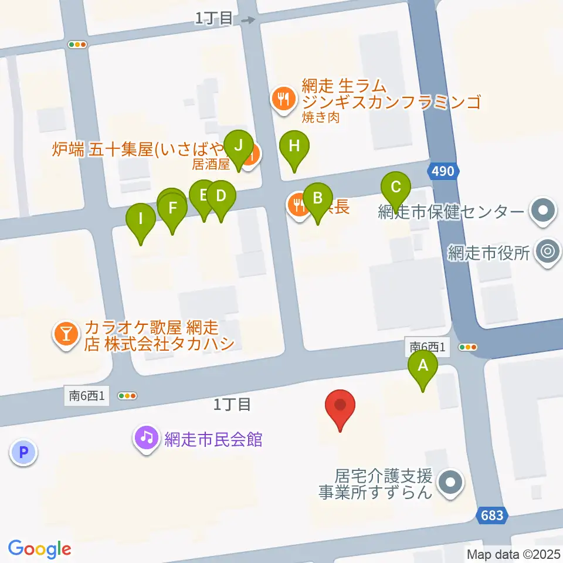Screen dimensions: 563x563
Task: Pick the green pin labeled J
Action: pyautogui.click(x=238, y=144)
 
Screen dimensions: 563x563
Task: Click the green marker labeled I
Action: pyautogui.click(x=141, y=219)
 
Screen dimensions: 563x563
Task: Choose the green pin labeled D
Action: pyautogui.click(x=221, y=196)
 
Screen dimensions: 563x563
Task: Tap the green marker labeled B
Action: pyautogui.click(x=318, y=198)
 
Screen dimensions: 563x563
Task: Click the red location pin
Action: pyautogui.click(x=341, y=406)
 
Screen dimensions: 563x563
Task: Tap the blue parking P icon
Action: pyautogui.click(x=23, y=452)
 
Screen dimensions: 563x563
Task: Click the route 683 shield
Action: pyautogui.click(x=490, y=515)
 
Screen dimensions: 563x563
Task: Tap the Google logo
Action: pyautogui.click(x=40, y=548)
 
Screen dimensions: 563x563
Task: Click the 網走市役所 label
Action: pyautogui.click(x=489, y=253)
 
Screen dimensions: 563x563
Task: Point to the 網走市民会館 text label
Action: pyautogui.click(x=213, y=439)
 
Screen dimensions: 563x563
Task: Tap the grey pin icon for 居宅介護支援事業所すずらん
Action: pyautogui.click(x=450, y=484)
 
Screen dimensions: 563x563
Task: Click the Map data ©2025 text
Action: pyautogui.click(x=513, y=554)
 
